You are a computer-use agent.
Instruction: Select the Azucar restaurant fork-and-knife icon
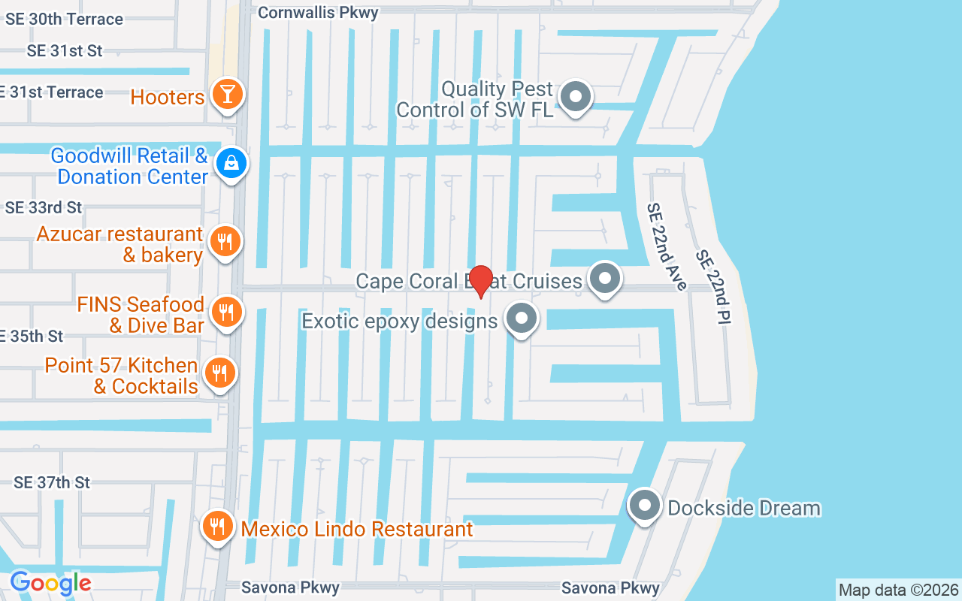(x=225, y=241)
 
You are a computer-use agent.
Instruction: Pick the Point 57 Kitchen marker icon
(x=219, y=372)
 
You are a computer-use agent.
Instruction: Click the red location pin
(x=480, y=279)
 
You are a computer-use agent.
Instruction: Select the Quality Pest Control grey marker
(x=576, y=96)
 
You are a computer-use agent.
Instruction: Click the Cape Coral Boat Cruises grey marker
(x=604, y=279)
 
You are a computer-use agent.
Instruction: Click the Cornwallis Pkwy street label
(x=318, y=12)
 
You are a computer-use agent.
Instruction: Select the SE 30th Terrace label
(x=64, y=20)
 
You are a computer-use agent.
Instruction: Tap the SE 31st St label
(x=65, y=51)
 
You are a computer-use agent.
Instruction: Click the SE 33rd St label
(x=44, y=207)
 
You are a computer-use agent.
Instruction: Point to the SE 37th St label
(x=53, y=482)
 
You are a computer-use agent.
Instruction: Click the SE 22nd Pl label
(x=712, y=287)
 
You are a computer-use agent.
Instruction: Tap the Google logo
(x=50, y=582)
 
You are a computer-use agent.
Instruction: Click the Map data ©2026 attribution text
(x=899, y=590)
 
